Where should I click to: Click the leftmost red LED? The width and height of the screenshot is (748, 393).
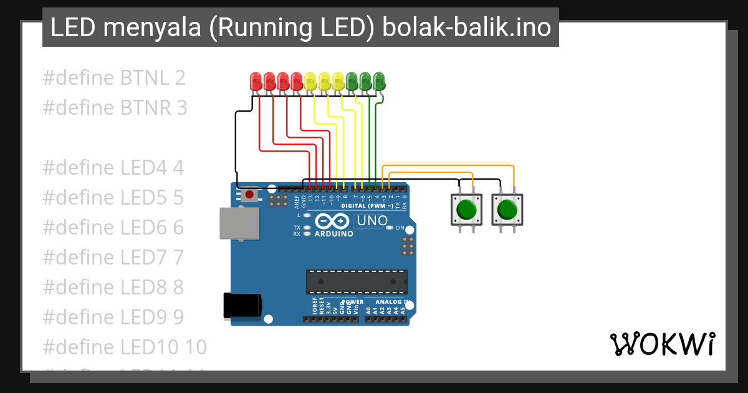(256, 80)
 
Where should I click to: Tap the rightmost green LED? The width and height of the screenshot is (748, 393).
(379, 80)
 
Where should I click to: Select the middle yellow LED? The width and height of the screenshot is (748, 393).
(324, 80)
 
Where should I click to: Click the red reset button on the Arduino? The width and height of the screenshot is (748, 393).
(249, 195)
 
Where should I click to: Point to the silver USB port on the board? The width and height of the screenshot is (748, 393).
(239, 223)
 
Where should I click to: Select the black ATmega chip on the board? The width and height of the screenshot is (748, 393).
(357, 281)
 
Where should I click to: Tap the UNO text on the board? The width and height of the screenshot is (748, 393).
(372, 221)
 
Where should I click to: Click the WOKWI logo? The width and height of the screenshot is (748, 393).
(662, 344)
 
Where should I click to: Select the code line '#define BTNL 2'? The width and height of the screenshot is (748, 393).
(114, 78)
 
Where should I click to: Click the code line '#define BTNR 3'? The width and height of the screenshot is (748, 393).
(115, 107)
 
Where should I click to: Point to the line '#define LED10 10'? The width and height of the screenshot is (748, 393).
(124, 346)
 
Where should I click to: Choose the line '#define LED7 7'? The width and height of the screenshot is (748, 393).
(113, 256)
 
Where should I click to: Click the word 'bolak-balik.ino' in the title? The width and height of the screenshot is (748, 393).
(466, 27)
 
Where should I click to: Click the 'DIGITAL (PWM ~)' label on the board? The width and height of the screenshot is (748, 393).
(368, 205)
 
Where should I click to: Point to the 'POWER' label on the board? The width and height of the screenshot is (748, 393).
(352, 301)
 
